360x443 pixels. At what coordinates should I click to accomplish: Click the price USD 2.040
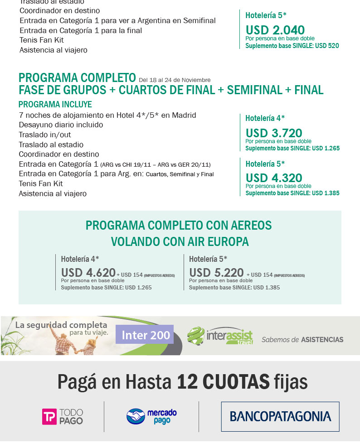coord(275,30)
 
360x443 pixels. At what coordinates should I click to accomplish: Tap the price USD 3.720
coord(273,133)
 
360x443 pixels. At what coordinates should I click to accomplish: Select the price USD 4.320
coord(273,178)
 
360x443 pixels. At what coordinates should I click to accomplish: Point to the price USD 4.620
coord(88,273)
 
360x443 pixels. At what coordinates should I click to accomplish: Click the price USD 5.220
coord(216,273)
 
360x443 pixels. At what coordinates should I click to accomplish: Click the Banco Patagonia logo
coord(280,416)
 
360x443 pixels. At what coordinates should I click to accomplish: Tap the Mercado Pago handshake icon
coord(136,416)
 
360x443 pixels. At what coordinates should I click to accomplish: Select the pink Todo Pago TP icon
coord(49,417)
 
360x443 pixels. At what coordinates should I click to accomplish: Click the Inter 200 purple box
coord(145,336)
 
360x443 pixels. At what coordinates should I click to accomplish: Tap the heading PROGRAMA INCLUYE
coord(55,104)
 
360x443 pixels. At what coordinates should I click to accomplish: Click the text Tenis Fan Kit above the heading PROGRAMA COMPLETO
coord(41,40)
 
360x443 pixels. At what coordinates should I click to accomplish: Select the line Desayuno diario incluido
coord(61,125)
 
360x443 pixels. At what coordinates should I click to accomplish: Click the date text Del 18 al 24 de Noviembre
coord(175,80)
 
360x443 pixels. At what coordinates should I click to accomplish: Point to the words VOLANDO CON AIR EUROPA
coord(180,241)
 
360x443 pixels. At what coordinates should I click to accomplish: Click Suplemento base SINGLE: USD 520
coord(292,46)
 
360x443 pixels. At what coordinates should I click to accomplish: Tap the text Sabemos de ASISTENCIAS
coord(302,339)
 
